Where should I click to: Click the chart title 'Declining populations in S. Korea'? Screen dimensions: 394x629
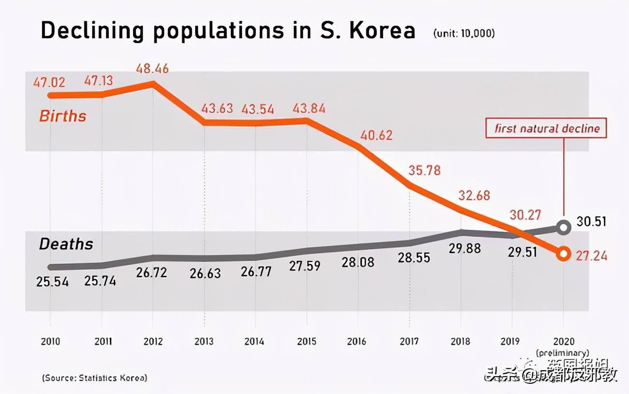(x=228, y=31)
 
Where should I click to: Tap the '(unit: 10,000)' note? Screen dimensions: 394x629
(x=464, y=33)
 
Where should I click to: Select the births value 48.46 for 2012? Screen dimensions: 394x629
(x=152, y=68)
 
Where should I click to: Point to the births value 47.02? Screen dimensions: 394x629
(x=49, y=82)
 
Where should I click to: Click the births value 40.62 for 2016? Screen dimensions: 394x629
(x=376, y=135)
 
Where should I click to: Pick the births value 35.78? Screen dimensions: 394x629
(x=424, y=170)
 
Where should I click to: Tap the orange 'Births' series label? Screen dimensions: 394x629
(x=62, y=116)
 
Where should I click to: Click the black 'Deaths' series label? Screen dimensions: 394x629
(x=66, y=244)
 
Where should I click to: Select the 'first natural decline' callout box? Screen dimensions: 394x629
(x=547, y=129)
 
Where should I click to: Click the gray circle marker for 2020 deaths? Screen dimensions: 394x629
(x=563, y=227)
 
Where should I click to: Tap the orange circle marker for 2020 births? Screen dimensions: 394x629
(x=563, y=254)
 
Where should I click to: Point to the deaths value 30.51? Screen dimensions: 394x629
(x=592, y=222)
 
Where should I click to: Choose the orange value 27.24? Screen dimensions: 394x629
(x=591, y=256)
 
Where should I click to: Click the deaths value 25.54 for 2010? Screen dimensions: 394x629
(x=52, y=281)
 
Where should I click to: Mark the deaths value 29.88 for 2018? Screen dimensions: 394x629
(x=465, y=248)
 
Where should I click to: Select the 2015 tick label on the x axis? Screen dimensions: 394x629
(x=306, y=342)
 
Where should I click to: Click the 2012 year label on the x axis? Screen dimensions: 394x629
(x=153, y=342)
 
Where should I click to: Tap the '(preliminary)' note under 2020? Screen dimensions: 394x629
(x=562, y=352)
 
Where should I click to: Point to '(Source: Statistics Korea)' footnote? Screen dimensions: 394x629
(x=94, y=378)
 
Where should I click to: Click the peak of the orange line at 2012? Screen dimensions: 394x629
(x=153, y=83)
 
